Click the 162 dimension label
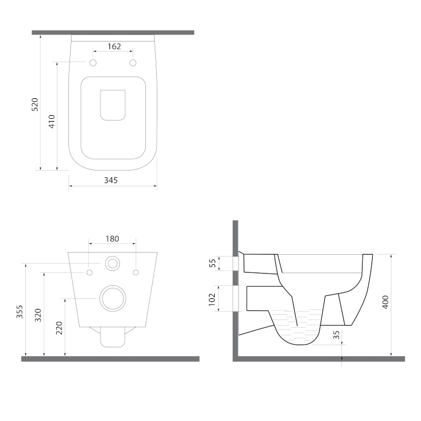point(114,46)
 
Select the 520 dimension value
point(35,105)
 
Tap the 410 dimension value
point(52,122)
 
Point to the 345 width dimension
point(111,180)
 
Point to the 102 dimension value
point(213,299)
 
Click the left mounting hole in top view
point(94,63)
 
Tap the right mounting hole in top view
point(133,63)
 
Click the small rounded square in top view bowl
point(113,104)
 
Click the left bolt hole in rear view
point(89,272)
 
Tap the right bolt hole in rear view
point(136,272)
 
